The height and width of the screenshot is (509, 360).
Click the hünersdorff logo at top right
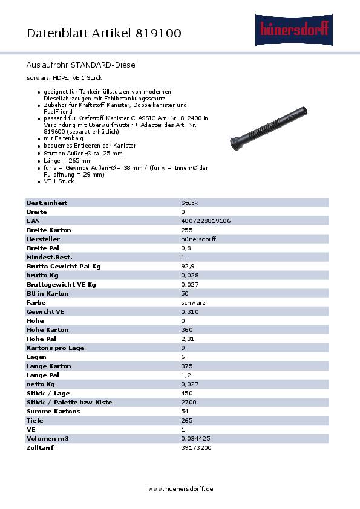click(x=294, y=28)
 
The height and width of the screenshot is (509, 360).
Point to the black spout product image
click(x=269, y=129)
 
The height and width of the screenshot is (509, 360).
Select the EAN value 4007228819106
click(x=206, y=221)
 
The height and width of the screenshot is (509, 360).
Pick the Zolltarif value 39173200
click(x=197, y=447)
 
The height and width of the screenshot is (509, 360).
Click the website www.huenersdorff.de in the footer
click(x=180, y=488)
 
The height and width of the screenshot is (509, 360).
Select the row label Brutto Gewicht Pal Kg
click(x=64, y=266)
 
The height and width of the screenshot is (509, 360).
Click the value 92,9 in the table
click(x=188, y=266)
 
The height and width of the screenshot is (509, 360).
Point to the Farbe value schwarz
click(x=193, y=302)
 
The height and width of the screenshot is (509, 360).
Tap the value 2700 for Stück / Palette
click(x=189, y=402)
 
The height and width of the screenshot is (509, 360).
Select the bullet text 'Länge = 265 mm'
click(x=68, y=160)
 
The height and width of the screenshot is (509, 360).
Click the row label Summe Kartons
click(x=50, y=411)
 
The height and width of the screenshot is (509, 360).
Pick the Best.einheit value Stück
click(x=189, y=203)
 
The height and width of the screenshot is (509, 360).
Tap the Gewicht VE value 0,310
click(x=190, y=311)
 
